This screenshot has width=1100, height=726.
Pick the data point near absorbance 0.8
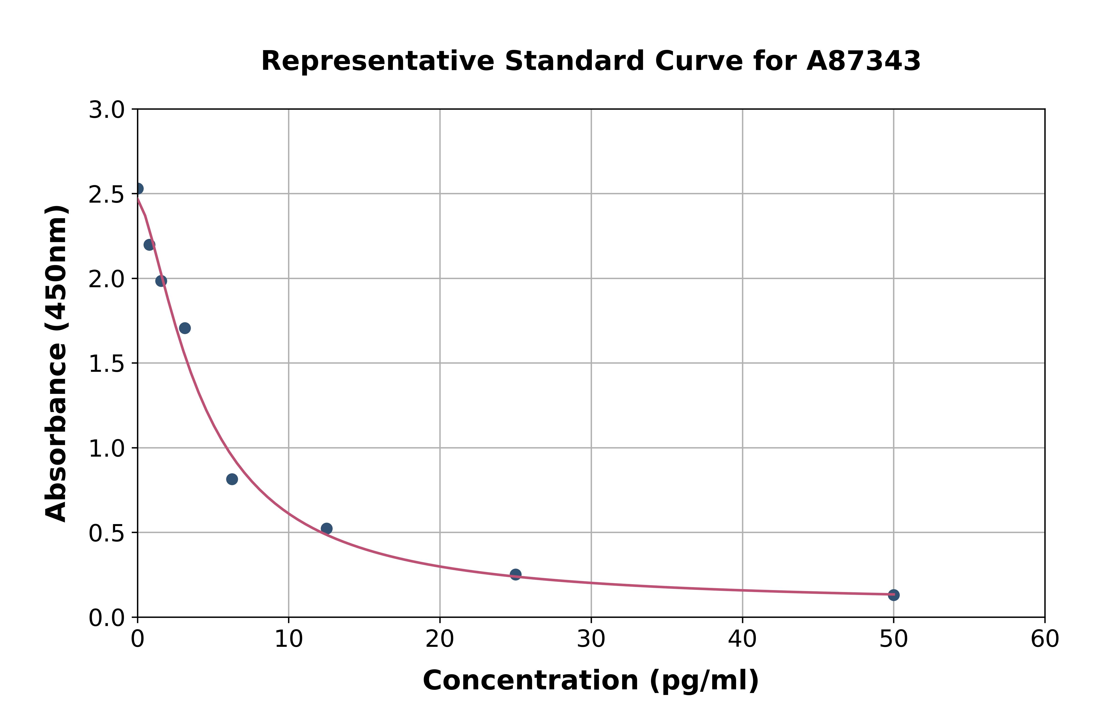[232, 479]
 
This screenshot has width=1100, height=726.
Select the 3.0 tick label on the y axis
[107, 110]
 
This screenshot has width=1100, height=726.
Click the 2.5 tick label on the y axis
[107, 195]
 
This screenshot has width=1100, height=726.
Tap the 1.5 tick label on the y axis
[107, 364]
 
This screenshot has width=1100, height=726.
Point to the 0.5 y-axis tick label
[107, 533]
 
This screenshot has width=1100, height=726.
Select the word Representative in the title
[378, 61]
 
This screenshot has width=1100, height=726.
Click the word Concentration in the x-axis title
[530, 681]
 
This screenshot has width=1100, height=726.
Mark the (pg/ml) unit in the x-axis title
[704, 681]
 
